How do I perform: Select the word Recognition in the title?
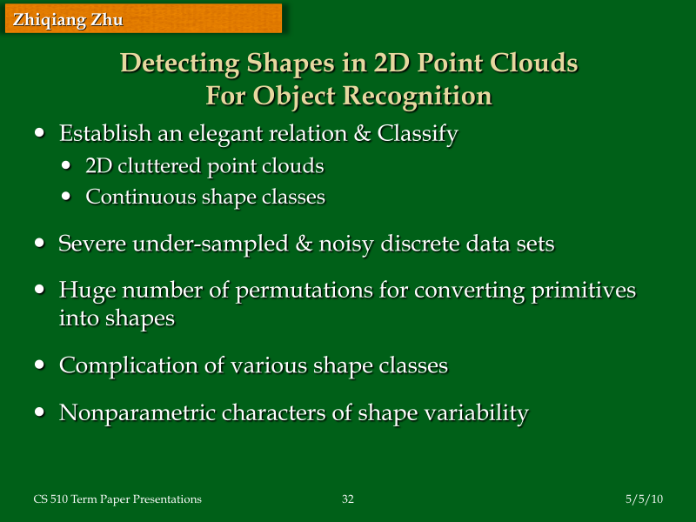tap(423, 95)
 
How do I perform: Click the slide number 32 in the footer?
tap(347, 499)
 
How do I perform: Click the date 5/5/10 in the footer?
tap(644, 499)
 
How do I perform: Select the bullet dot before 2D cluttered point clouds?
tap(68, 165)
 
